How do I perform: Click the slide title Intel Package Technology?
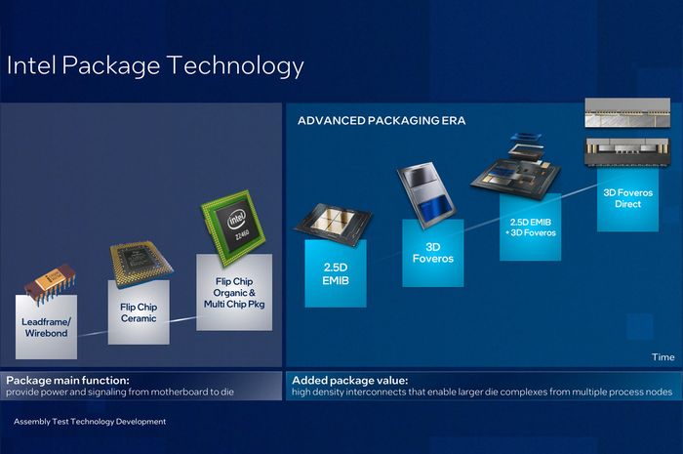coord(155,66)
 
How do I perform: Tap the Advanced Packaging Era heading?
coord(382,121)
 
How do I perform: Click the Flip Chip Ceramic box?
coord(140,312)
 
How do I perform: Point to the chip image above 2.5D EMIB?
coord(332,221)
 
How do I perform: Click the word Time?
coord(663,357)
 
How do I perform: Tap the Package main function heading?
coord(68,379)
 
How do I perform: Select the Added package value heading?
coord(349,379)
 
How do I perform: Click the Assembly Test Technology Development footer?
coord(90,422)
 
